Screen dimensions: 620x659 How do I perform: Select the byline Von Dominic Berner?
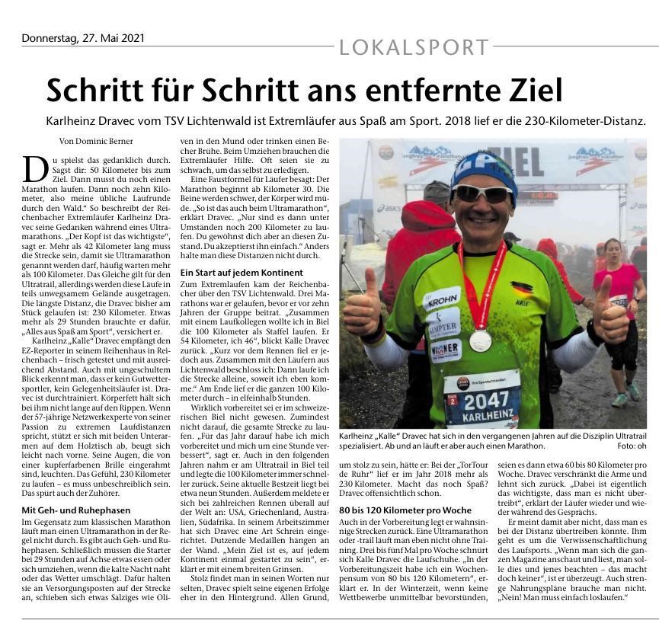click(96, 141)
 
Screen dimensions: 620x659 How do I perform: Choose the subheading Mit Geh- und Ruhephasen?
click(76, 509)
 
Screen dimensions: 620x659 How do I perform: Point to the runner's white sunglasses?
click(481, 193)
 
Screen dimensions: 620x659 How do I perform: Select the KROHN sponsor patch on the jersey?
click(442, 299)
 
